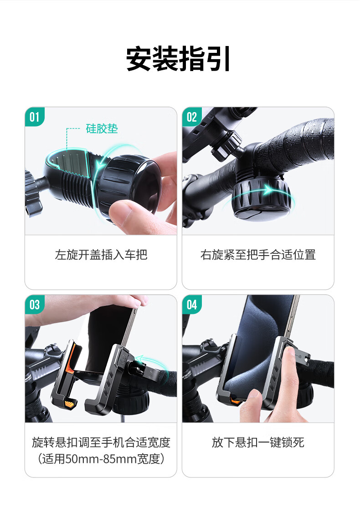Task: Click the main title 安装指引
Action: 178,59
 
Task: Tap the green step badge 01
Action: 34,117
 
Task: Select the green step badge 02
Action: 192,117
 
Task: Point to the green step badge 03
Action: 34,304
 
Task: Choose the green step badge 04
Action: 192,304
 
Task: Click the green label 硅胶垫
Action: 102,128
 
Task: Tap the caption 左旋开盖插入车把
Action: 101,255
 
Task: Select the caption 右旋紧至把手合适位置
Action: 258,255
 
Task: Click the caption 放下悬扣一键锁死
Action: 258,442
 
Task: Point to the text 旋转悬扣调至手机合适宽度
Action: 101,442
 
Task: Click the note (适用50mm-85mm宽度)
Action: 101,459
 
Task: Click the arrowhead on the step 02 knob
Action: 267,190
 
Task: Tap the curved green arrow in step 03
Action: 151,361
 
